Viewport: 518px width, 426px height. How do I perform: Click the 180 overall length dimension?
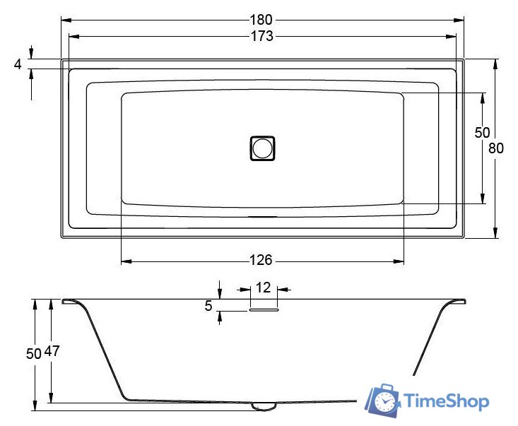coord(261,20)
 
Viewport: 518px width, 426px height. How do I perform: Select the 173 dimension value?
coord(261,36)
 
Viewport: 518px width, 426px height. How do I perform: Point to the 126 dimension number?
coord(261,261)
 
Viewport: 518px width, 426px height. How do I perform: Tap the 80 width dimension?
coord(496,148)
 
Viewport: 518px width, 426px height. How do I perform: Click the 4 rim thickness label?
coord(18,64)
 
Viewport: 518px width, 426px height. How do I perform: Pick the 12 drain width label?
coord(263,288)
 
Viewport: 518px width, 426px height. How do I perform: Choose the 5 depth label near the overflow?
coord(208,306)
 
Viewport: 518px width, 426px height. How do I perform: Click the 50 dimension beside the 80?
coord(482,132)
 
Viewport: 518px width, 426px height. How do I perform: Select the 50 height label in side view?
coord(34,354)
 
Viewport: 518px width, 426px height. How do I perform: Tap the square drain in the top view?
coord(261,148)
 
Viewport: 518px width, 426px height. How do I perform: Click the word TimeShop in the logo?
coord(447,402)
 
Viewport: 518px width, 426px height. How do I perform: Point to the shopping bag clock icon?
coord(383,401)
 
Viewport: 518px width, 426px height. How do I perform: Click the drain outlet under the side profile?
coord(264,406)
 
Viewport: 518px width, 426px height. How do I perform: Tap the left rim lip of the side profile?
coord(70,302)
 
